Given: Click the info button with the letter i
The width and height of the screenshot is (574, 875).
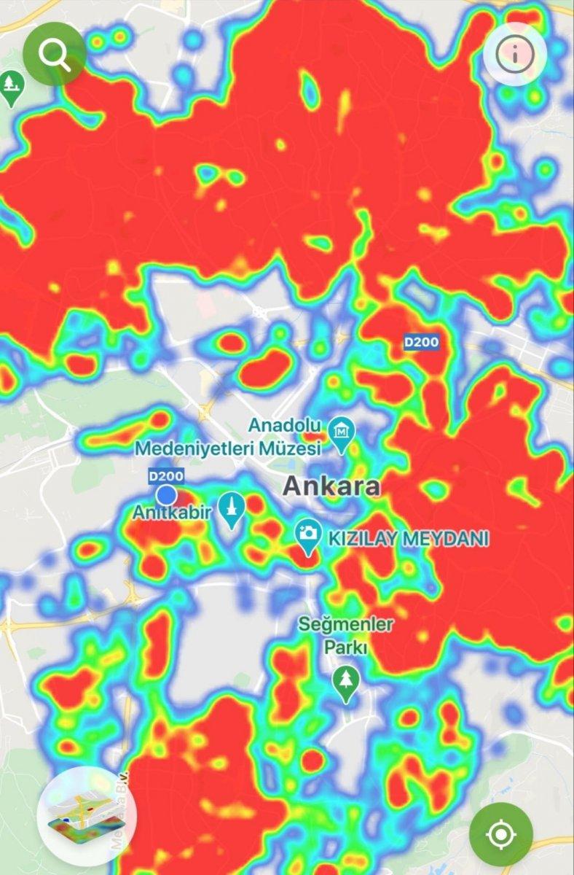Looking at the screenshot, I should [x=515, y=53].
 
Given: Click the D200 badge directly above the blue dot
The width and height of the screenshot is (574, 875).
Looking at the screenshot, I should [x=166, y=476].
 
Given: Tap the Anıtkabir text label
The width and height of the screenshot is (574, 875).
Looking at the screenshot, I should [x=172, y=513].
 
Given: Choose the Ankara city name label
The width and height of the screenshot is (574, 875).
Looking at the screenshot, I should [x=331, y=486].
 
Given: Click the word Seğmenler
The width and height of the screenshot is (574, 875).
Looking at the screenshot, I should [x=347, y=625].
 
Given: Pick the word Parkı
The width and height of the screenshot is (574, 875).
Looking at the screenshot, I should [x=347, y=647].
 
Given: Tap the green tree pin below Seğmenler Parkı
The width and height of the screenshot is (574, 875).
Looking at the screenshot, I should [x=347, y=684].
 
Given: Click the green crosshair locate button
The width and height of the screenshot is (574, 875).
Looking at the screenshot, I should [x=500, y=834].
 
